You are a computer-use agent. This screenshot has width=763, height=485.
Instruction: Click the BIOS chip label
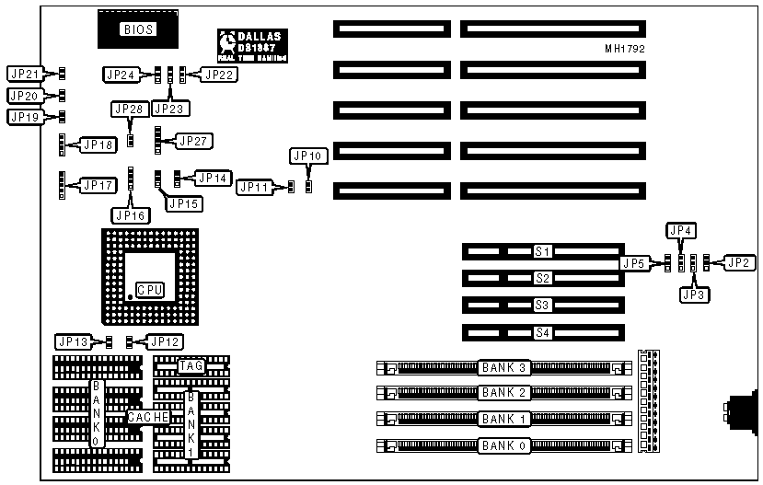click(137, 29)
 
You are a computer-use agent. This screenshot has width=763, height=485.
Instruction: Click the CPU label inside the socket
click(149, 289)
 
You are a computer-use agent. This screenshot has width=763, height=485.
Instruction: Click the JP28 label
click(129, 110)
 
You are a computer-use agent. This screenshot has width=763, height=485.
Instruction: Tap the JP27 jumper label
click(194, 141)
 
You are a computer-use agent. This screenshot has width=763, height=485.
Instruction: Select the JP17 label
click(98, 186)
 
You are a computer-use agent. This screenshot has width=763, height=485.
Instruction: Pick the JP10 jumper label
click(306, 156)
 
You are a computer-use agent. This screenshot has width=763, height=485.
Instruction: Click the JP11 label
click(254, 187)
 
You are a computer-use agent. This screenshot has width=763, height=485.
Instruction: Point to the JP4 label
click(681, 230)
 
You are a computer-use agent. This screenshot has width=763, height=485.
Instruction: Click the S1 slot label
click(542, 251)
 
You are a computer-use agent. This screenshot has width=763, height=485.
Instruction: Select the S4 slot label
click(542, 332)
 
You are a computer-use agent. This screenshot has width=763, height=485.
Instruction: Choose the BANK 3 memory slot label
click(503, 368)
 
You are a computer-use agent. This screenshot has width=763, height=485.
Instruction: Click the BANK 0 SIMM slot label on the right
click(503, 446)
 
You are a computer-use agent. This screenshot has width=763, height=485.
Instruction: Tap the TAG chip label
click(191, 366)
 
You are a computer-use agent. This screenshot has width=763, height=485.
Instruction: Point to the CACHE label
click(146, 417)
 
